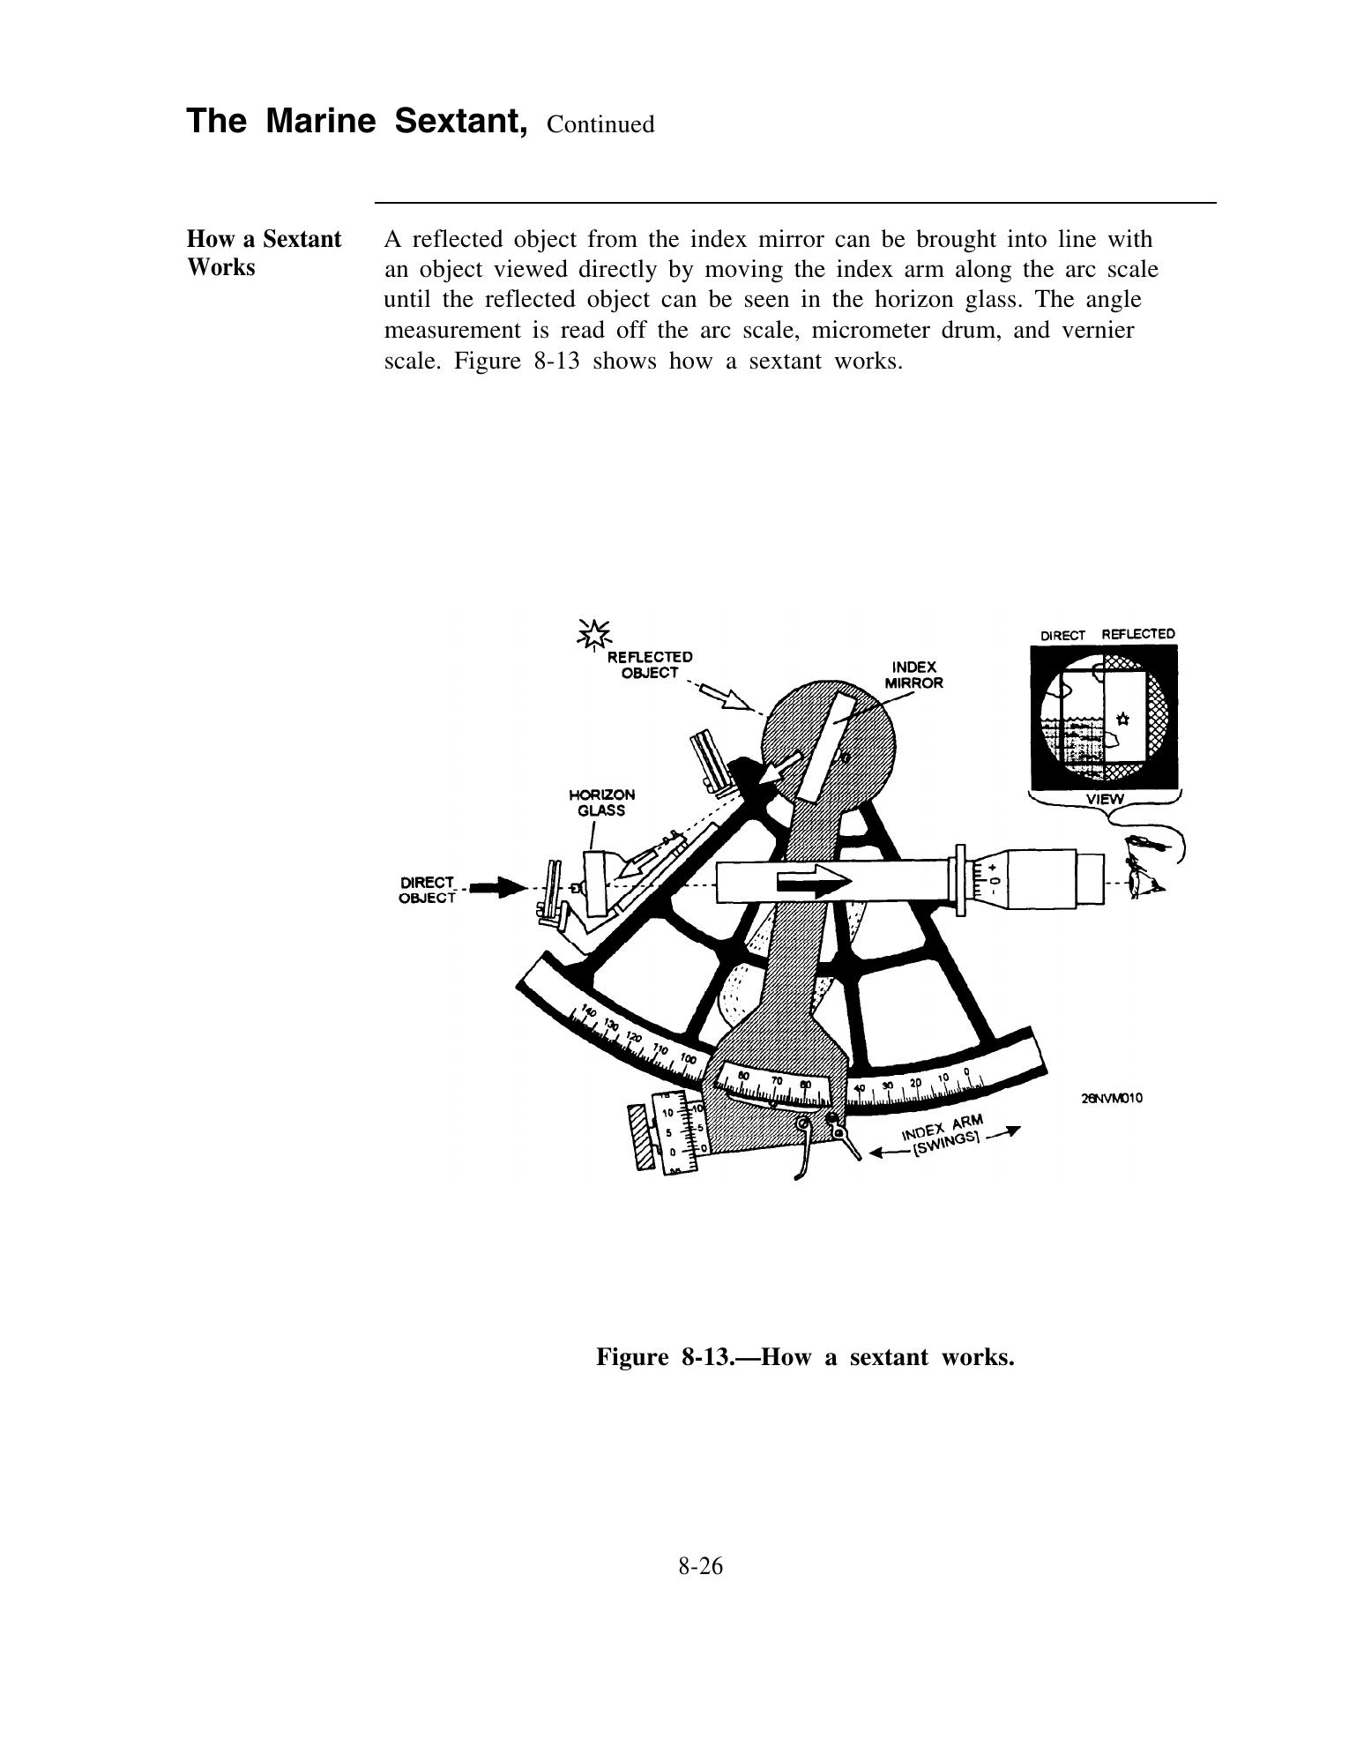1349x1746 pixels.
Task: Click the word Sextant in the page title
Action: coord(460,121)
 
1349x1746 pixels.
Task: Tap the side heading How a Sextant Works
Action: coord(264,253)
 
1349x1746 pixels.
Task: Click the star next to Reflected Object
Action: coord(593,632)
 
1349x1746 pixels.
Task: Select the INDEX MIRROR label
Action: coord(913,675)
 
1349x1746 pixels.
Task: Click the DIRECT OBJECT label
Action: coord(428,890)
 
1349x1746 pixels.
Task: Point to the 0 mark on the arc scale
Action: coord(967,1072)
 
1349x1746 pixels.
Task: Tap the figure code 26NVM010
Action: coord(1111,1098)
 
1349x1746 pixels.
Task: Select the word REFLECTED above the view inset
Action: coord(1137,634)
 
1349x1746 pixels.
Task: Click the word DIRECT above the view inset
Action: coord(1062,635)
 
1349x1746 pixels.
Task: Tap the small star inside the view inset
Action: coord(1122,716)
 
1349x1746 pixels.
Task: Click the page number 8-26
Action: coord(700,1566)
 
